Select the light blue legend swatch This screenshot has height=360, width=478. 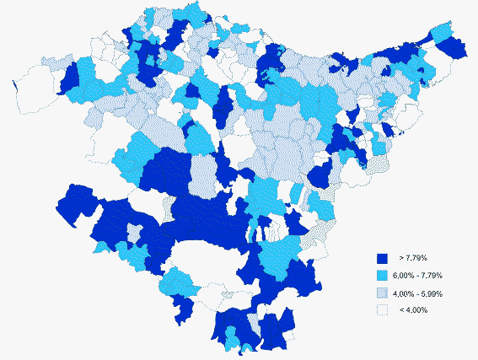381,276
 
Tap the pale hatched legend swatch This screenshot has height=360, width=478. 381,293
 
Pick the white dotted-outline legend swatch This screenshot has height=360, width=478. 381,310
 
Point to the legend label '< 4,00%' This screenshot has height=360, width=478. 413,310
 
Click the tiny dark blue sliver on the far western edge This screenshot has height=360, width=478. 15,86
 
